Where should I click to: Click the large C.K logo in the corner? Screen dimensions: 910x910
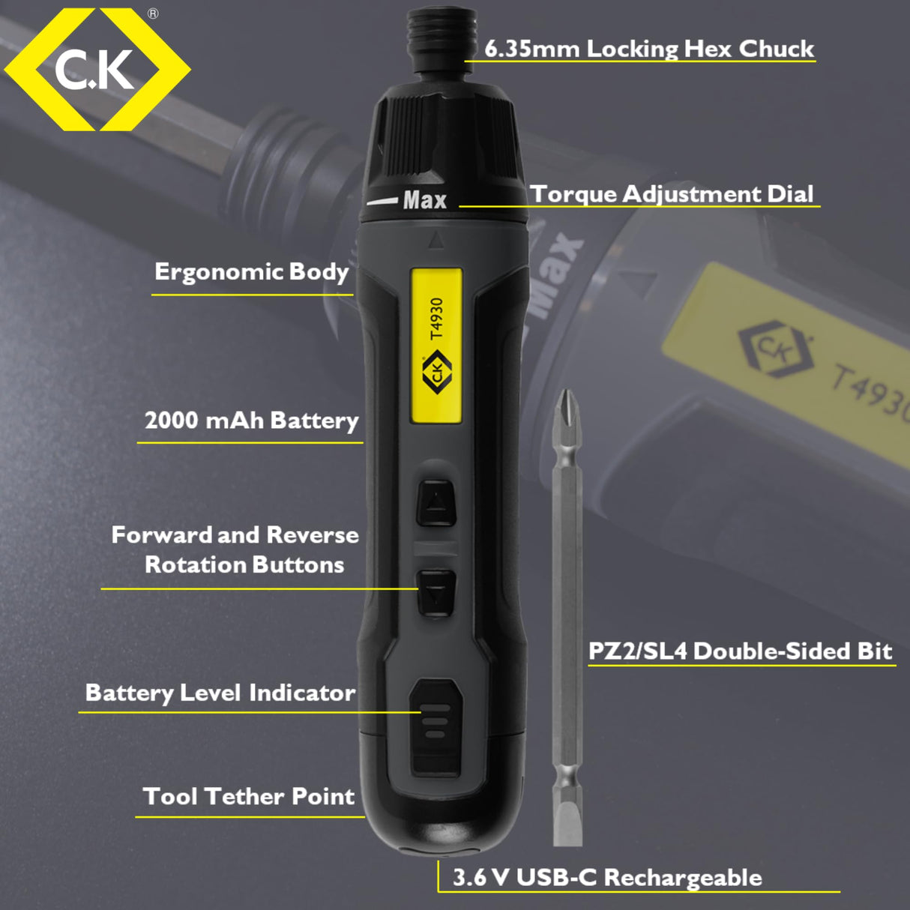[x=96, y=70]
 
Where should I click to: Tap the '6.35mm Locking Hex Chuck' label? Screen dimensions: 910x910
[x=648, y=49]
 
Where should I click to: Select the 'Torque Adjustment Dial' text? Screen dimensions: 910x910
[x=672, y=194]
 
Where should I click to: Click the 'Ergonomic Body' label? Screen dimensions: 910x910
[x=251, y=271]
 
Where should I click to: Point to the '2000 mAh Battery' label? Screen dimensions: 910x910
[x=251, y=421]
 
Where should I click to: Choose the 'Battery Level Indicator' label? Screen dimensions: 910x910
[x=220, y=693]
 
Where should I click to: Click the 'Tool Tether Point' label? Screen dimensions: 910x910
[x=248, y=796]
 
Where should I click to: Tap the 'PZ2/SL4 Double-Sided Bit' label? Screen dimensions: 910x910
[x=740, y=651]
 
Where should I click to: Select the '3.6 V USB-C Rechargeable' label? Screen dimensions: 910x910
[x=606, y=878]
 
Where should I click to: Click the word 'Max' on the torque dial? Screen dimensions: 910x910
[x=424, y=201]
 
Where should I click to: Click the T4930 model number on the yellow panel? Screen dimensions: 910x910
[x=436, y=319]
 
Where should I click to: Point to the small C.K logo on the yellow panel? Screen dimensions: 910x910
[x=436, y=373]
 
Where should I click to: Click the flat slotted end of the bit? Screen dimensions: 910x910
[x=567, y=821]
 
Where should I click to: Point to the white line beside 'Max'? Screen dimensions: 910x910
[x=382, y=201]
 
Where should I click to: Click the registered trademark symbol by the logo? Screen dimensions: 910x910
[x=153, y=13]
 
